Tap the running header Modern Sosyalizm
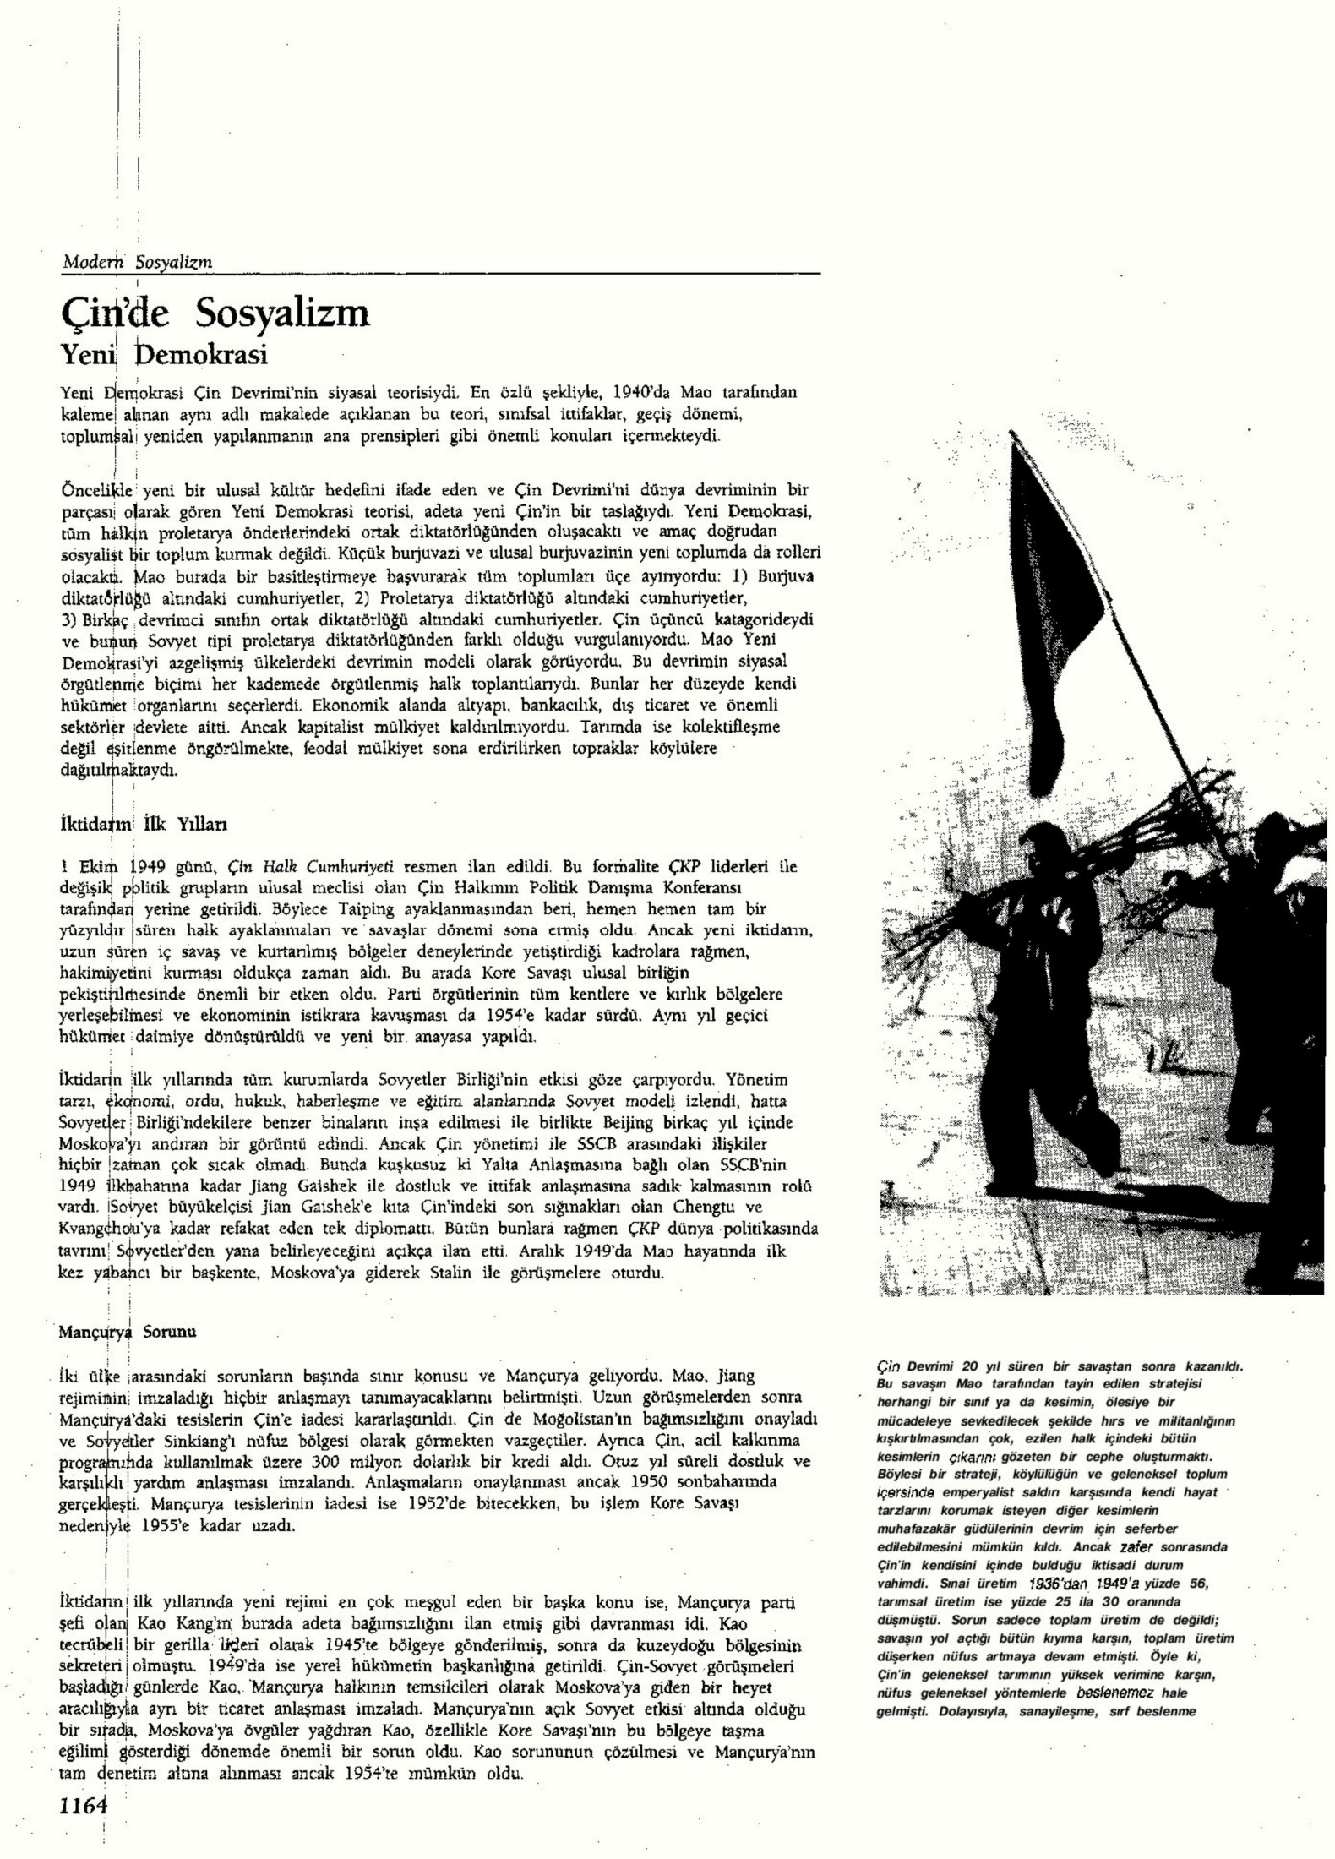pyautogui.click(x=137, y=262)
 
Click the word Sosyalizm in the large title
pyautogui.click(x=282, y=313)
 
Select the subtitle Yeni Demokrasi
pyautogui.click(x=164, y=354)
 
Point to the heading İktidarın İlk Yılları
pyautogui.click(x=142, y=823)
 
